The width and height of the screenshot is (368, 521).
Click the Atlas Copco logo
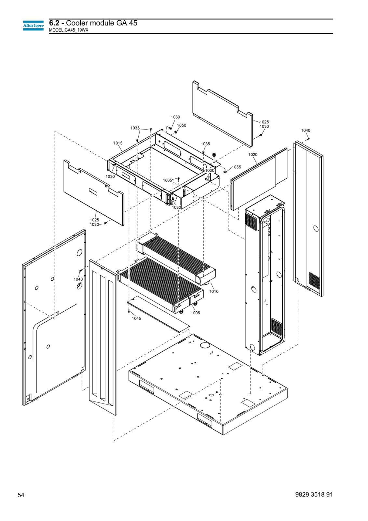tap(33, 25)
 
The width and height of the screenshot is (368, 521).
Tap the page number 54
tap(21, 495)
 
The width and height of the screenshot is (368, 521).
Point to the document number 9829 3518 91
tap(314, 494)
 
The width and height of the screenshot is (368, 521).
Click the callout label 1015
tap(118, 143)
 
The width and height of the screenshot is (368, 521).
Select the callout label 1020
tap(253, 154)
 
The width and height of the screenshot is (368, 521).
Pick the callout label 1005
tap(195, 313)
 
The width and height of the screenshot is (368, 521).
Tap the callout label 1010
tap(214, 291)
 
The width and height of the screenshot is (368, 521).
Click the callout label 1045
tap(136, 318)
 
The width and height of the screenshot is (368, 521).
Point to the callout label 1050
tap(182, 125)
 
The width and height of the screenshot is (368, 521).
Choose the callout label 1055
tap(237, 167)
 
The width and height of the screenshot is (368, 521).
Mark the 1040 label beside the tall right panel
tap(306, 131)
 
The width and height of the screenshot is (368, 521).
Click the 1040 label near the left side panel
tap(78, 279)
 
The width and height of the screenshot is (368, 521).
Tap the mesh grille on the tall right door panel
tap(314, 280)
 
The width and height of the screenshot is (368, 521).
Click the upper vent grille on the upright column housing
tap(251, 222)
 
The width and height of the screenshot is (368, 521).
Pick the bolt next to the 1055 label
tap(225, 171)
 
